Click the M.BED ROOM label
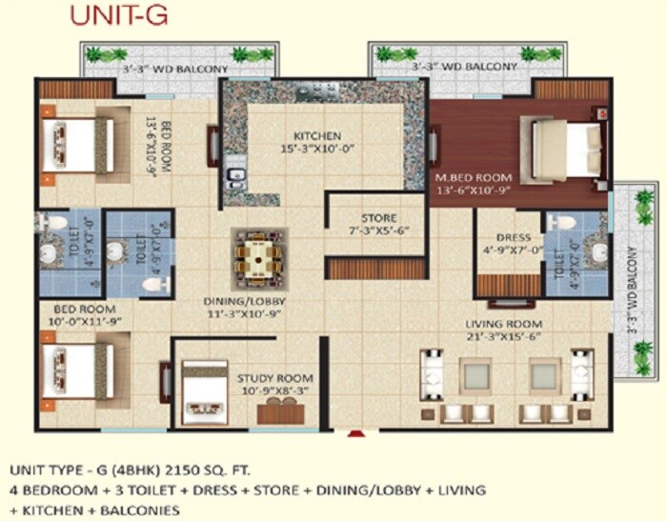[474, 178]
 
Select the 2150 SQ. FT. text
[216, 471]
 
